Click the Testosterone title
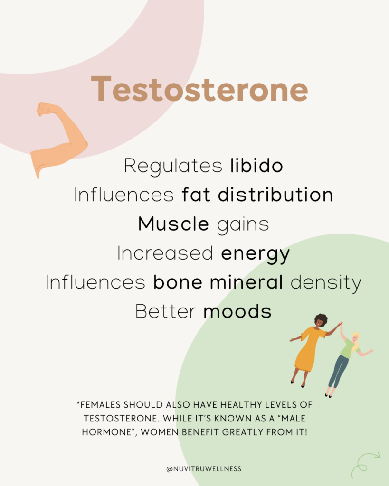(x=199, y=89)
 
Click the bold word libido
(x=256, y=166)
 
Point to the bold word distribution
(x=275, y=195)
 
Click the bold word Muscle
(x=173, y=224)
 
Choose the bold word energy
(x=256, y=254)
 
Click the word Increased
(x=165, y=253)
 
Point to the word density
(x=326, y=283)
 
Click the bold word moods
(x=237, y=312)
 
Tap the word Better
(x=165, y=311)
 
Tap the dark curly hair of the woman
(x=321, y=320)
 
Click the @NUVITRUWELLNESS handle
(x=204, y=469)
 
